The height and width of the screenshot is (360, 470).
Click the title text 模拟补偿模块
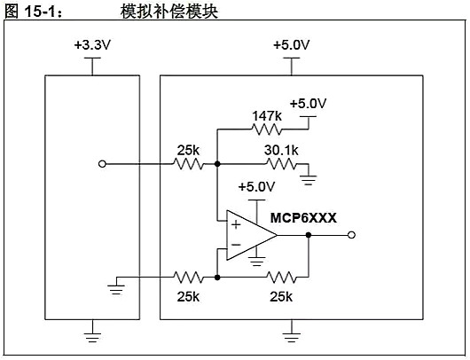168,11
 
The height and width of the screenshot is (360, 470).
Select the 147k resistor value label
267,114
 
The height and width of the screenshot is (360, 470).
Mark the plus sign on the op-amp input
236,225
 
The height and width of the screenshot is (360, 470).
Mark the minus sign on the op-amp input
236,246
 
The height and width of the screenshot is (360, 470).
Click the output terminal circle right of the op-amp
353,235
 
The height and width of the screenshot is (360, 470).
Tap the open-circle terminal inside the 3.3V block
102,165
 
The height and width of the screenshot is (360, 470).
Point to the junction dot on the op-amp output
309,235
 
